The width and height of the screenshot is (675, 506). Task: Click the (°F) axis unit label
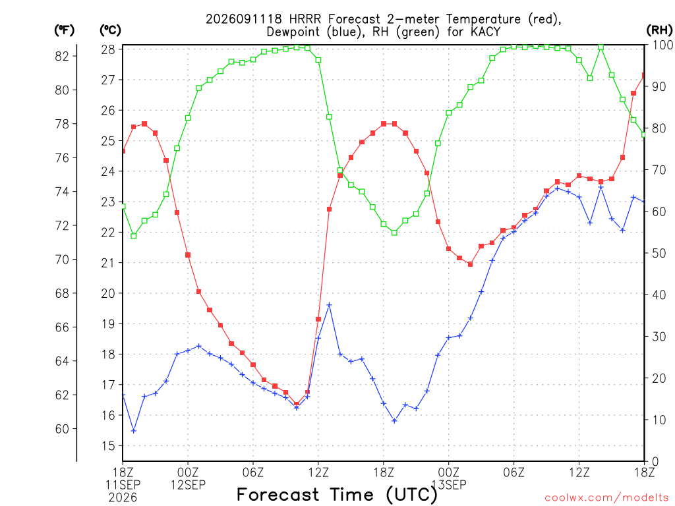(64, 30)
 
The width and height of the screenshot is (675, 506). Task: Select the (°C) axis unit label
(110, 30)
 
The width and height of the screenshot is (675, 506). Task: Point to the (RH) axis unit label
(659, 30)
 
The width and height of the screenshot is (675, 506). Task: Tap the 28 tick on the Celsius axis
(108, 49)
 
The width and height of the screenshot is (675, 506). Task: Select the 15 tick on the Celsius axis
(108, 446)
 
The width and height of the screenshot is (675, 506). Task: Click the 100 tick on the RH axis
(662, 45)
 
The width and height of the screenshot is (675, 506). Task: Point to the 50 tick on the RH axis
(659, 253)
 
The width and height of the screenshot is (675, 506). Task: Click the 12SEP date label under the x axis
(188, 485)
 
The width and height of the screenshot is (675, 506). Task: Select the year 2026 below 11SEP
(123, 498)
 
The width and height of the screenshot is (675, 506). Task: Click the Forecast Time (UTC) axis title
(337, 495)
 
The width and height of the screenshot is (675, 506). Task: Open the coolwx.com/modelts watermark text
(606, 498)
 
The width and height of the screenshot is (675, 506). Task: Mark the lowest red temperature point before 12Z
(297, 404)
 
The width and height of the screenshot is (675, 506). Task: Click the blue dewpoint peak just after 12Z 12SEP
(330, 305)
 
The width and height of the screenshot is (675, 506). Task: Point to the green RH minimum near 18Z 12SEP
(394, 233)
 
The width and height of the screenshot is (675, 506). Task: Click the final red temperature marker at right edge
(643, 75)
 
